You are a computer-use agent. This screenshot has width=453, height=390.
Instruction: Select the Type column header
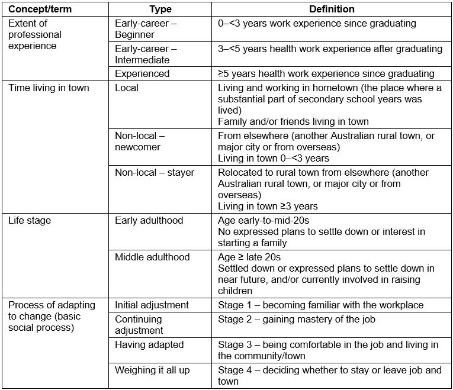(160, 9)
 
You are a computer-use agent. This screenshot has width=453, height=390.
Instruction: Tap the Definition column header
(332, 9)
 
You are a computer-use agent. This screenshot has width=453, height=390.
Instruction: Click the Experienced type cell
(142, 73)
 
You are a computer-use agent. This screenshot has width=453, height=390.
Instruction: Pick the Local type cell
(127, 88)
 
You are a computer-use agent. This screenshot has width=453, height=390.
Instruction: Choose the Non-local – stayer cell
(155, 173)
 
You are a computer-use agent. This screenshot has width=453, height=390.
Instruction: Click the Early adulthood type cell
(149, 221)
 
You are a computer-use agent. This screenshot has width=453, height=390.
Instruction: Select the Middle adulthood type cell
(152, 257)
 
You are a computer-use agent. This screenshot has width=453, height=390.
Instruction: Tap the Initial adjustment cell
(152, 305)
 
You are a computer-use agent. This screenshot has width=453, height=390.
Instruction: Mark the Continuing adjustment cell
(140, 325)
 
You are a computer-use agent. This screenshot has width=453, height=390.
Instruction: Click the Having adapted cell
(149, 345)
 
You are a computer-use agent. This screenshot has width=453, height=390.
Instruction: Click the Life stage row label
(30, 221)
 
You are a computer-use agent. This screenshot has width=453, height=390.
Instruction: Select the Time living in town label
(49, 88)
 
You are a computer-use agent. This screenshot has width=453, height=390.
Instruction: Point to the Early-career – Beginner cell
(146, 29)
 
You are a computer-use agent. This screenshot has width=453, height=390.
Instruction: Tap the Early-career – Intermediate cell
(146, 54)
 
